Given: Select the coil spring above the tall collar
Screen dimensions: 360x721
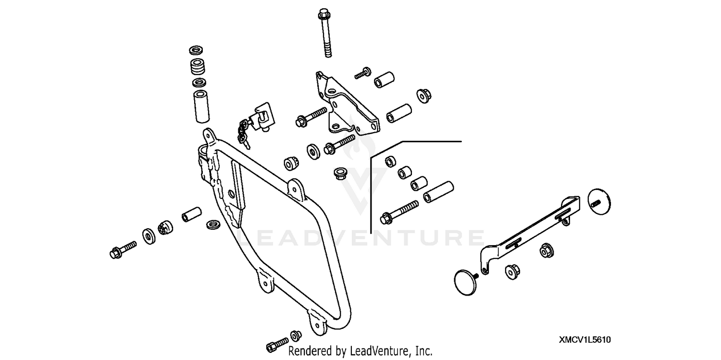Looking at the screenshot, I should [196, 66].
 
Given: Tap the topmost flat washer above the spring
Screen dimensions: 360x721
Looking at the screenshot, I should [196, 50].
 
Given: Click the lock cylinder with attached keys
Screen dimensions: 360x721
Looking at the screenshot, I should [262, 117].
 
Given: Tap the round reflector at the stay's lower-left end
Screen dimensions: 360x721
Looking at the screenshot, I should [465, 282].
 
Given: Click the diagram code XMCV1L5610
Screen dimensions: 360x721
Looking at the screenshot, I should [584, 340].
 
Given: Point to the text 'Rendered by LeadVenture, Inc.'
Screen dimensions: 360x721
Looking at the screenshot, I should [360, 351].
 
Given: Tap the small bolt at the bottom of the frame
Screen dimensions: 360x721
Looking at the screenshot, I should [277, 344].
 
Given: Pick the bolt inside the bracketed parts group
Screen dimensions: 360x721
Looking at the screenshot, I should [399, 212].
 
